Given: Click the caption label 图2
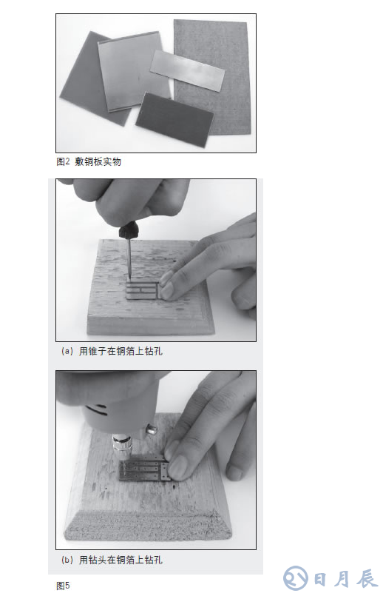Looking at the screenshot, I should click(x=63, y=161).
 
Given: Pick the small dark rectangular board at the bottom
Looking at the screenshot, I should click(x=174, y=114).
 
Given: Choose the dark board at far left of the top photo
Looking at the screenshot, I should click(x=81, y=74).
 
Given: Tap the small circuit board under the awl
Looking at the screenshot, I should click(x=145, y=290).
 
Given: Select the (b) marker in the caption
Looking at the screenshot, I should click(x=67, y=560).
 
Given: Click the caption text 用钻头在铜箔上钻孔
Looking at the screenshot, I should click(x=121, y=560).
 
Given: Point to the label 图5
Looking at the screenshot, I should click(x=63, y=586).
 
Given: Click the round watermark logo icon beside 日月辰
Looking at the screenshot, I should click(x=296, y=577).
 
